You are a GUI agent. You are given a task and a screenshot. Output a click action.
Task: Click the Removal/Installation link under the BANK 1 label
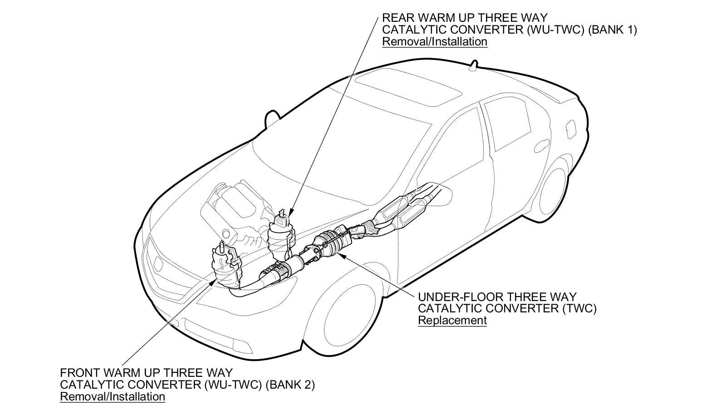pyautogui.click(x=434, y=42)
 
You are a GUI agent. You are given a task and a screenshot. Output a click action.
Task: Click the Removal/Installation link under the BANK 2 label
pyautogui.click(x=113, y=397)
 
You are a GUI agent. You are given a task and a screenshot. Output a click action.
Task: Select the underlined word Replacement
pyautogui.click(x=452, y=320)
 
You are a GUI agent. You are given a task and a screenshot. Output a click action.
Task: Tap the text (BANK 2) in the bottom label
pyautogui.click(x=289, y=385)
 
